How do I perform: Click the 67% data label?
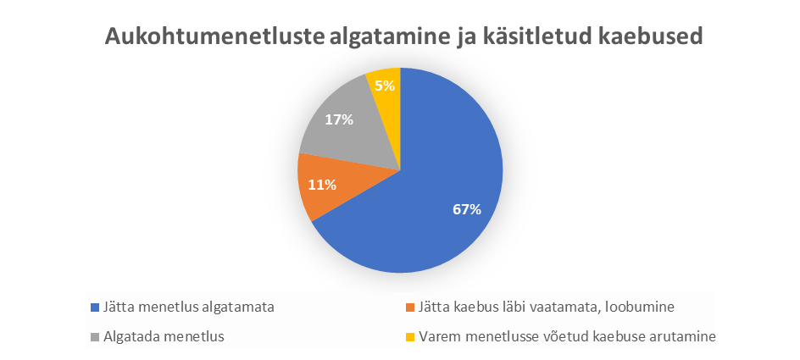point(467,209)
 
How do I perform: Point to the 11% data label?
point(322,185)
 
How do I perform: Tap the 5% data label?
point(385,86)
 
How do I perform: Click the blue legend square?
point(94,307)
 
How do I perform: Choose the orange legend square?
point(409,307)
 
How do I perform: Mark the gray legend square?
point(94,337)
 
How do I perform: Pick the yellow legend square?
point(409,337)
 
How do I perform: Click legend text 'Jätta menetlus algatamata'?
point(188,307)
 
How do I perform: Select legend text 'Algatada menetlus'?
point(164,337)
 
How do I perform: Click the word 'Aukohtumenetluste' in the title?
point(211,37)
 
